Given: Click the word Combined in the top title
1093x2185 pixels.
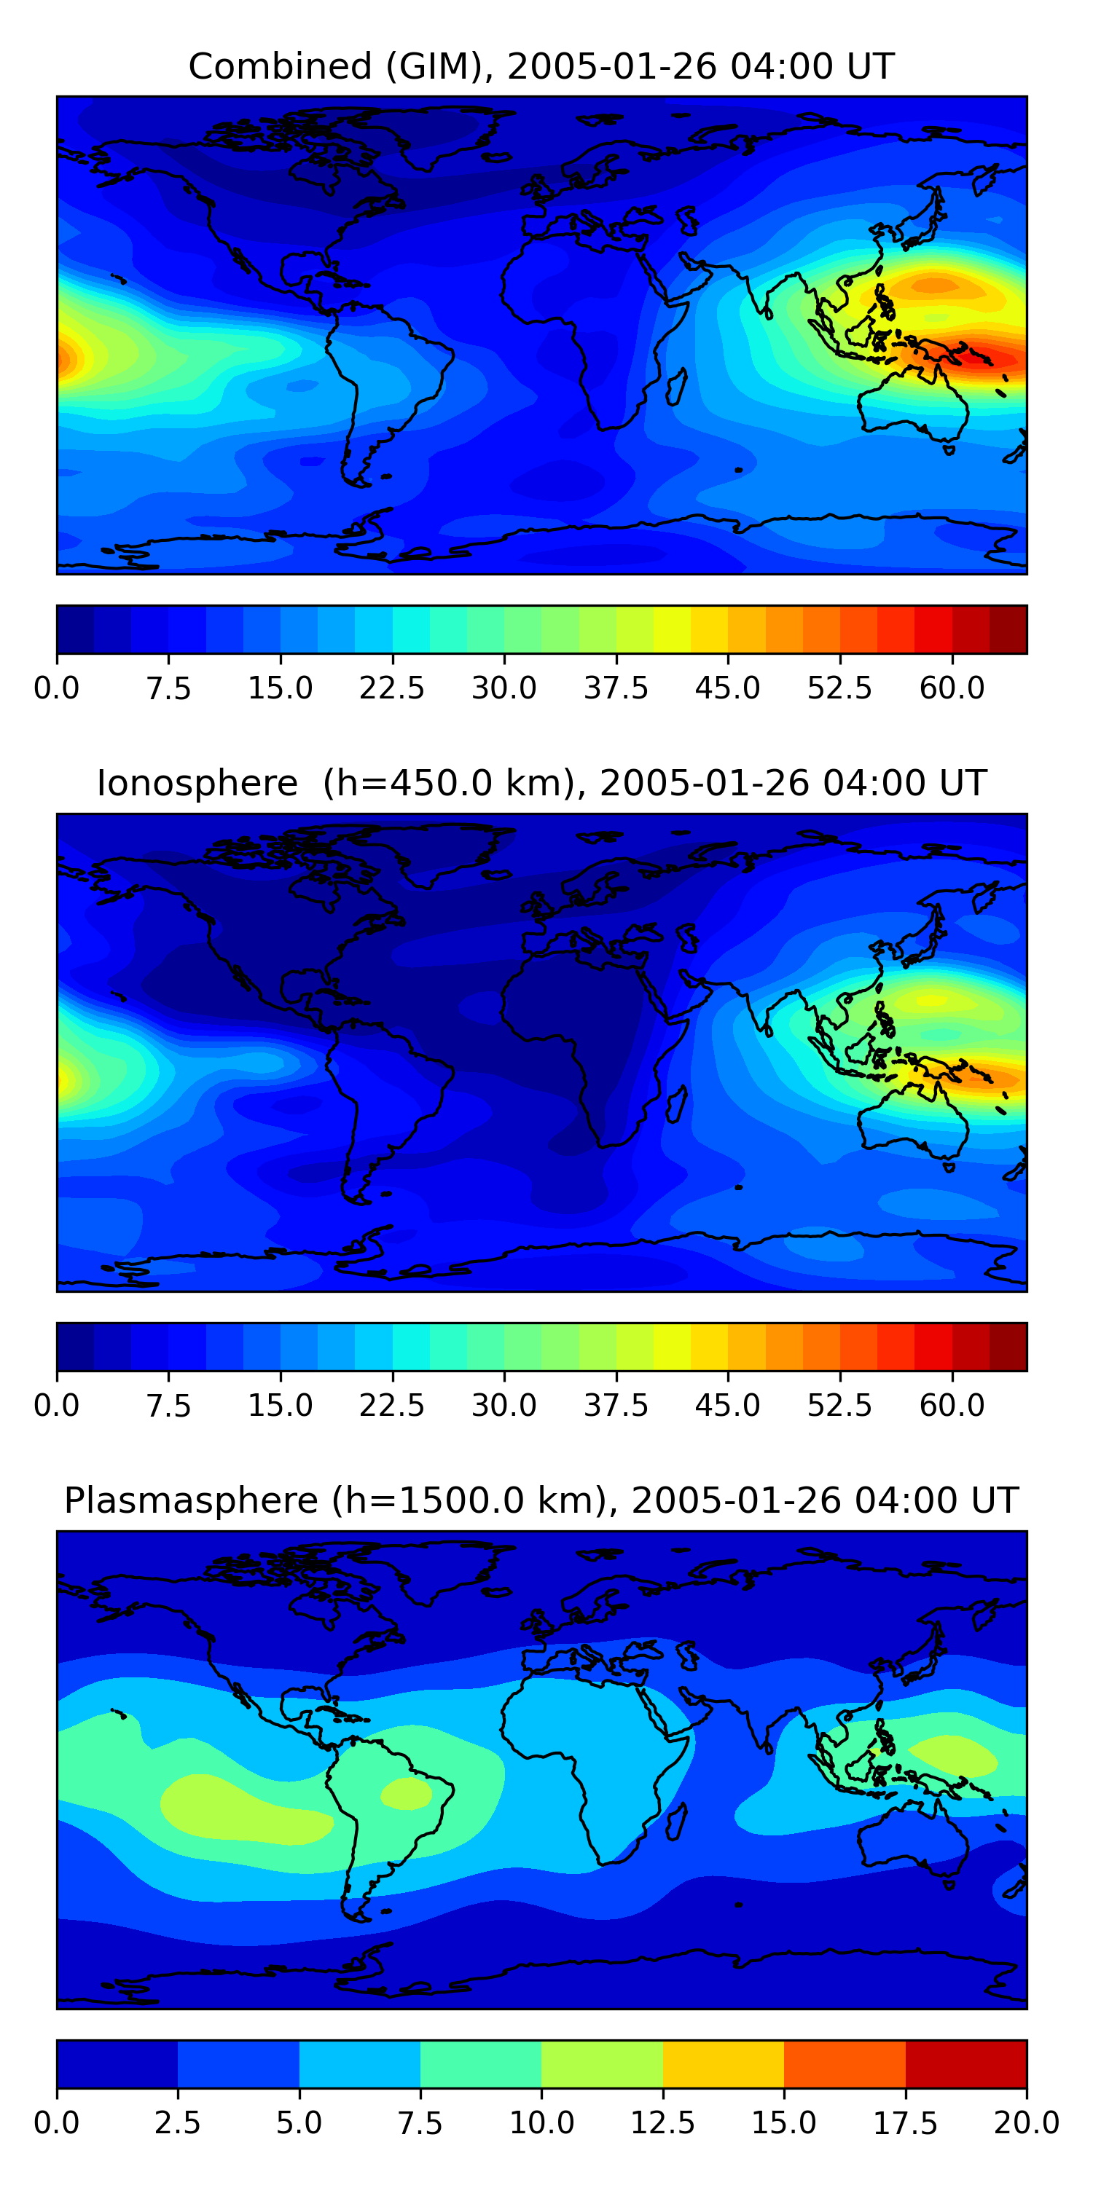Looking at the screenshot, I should coord(280,66).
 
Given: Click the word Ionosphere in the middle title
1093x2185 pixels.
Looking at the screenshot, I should coord(197,783).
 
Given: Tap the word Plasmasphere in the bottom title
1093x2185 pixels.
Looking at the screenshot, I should coord(191,1500).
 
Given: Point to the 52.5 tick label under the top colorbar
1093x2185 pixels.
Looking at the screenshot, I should coord(839,688).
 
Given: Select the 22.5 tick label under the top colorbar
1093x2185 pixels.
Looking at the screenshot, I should coord(391,688).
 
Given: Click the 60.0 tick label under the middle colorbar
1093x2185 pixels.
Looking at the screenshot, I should coord(952,1406).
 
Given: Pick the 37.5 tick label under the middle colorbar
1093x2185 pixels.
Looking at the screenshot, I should coord(615,1406).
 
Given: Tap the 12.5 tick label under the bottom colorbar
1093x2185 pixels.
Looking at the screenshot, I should coord(662,2123).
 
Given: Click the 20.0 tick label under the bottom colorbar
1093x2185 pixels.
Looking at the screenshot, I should coord(1026,2123).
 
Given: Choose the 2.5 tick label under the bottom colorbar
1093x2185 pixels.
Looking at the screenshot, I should coord(177,2123).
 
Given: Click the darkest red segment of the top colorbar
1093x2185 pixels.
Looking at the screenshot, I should coord(1008,629).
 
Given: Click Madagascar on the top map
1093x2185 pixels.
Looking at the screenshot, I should coord(676,386).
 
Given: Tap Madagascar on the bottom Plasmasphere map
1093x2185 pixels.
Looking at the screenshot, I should coord(676,1820).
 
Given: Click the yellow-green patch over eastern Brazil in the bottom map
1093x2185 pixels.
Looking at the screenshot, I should coord(407,1794).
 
